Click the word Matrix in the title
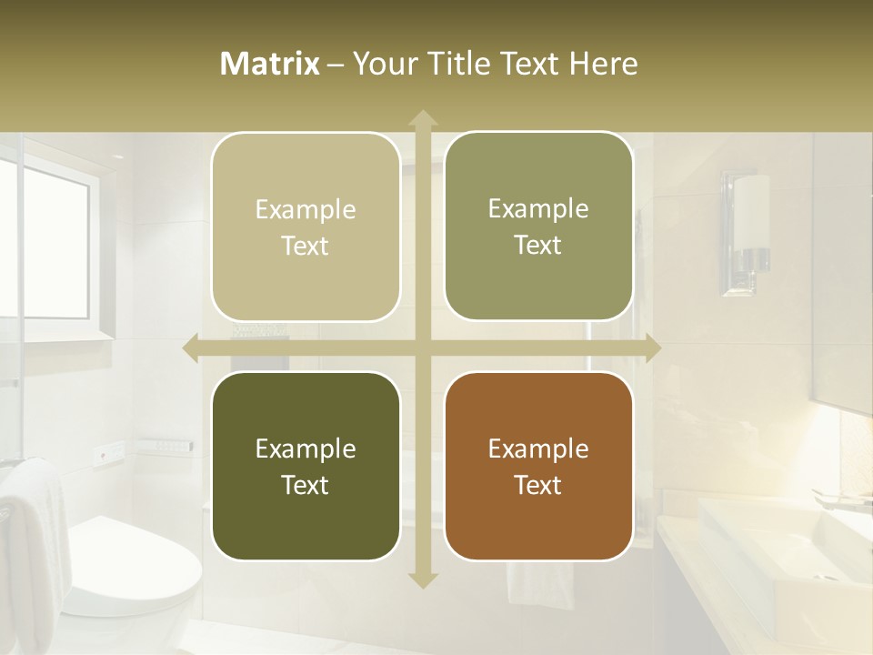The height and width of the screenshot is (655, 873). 270,64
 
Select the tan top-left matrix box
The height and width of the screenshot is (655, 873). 306,227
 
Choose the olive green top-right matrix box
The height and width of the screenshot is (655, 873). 538,227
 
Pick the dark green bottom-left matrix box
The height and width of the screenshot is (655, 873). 306,466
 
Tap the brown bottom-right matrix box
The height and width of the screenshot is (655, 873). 538,466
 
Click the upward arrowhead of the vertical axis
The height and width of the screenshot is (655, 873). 422,119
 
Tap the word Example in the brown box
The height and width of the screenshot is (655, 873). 538,448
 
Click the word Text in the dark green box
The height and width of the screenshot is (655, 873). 305,485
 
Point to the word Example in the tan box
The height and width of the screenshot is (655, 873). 306,210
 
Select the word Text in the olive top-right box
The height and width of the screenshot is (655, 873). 538,246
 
